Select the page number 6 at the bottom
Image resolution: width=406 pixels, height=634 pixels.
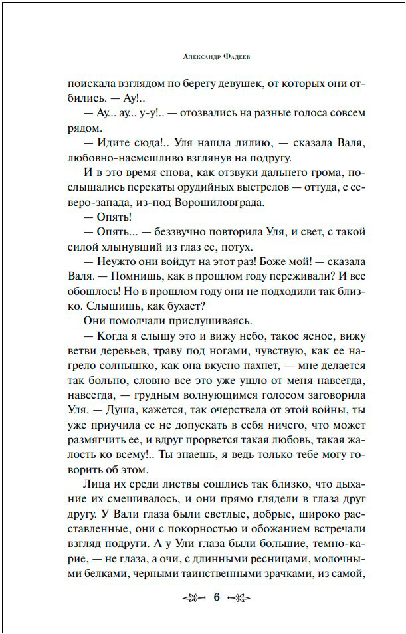click(217, 598)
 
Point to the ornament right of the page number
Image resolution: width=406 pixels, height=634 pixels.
click(245, 598)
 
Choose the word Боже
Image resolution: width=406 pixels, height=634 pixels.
click(281, 264)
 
